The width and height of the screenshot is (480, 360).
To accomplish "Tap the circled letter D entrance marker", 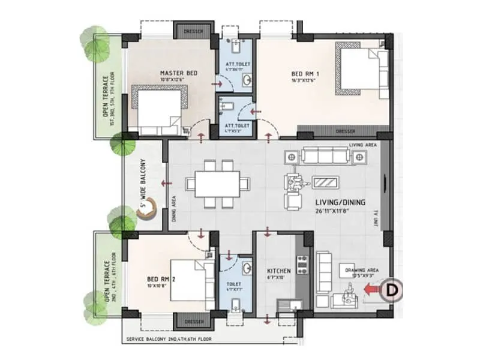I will tap(392, 290).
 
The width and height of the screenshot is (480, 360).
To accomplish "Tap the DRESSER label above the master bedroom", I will tap(193, 31).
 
